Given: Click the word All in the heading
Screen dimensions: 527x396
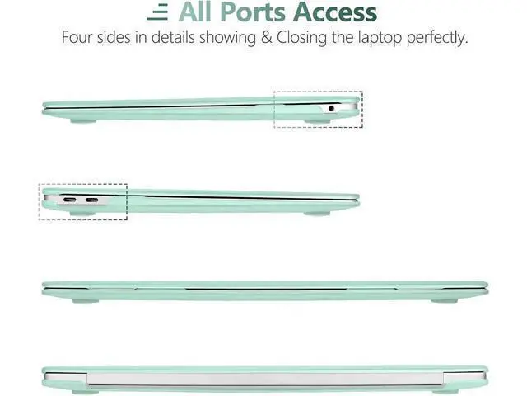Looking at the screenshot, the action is (196, 12).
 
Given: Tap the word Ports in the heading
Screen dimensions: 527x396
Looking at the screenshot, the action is (253, 12).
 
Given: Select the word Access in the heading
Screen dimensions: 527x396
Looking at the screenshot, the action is (335, 12).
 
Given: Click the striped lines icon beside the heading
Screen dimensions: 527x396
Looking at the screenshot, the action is (157, 13).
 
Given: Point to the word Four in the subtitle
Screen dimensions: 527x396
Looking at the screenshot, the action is (77, 36).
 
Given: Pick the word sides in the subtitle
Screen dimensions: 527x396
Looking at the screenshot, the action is (114, 36).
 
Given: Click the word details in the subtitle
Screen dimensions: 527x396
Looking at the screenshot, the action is (173, 36).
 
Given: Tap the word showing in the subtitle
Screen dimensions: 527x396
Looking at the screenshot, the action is (227, 38).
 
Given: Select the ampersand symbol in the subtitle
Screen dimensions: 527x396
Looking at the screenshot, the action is (266, 37).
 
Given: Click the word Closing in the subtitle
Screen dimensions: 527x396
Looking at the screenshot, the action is (301, 38).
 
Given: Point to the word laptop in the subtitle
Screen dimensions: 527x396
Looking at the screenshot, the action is (380, 38).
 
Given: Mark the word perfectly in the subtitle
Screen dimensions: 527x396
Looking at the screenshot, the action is (436, 38).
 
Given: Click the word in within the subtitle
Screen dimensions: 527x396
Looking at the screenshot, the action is (141, 36).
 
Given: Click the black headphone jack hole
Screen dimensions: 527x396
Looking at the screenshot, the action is (331, 108).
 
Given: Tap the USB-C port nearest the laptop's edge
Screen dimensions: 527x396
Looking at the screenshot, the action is (69, 200).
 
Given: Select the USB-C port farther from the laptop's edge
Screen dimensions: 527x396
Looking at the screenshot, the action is (91, 200).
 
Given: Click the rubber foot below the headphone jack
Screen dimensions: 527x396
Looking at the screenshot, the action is (317, 120).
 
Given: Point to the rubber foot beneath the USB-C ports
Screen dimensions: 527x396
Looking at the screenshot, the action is (82, 213).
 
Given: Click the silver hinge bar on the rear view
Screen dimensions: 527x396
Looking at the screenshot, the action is (265, 379).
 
